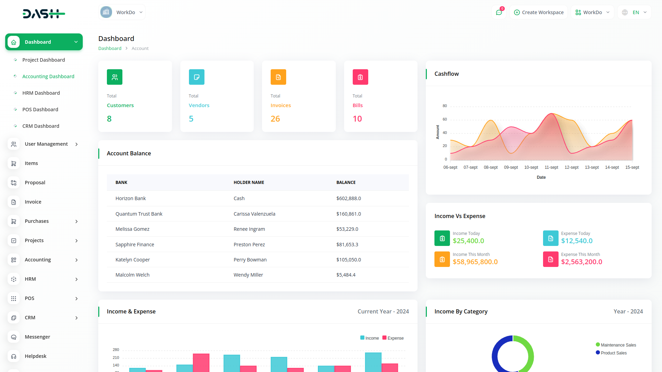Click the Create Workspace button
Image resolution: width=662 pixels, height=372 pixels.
[x=539, y=12]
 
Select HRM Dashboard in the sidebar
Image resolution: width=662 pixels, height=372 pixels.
[x=41, y=93]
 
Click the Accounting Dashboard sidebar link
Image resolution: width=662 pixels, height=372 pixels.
[x=48, y=76]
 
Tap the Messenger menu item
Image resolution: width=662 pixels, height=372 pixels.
[x=37, y=337]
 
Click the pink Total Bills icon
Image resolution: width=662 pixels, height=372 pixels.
[x=360, y=77]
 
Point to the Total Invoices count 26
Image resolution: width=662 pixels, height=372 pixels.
[x=275, y=119]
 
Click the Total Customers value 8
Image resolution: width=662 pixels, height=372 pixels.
[x=109, y=119]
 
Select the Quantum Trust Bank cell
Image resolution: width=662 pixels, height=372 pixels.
[x=139, y=214]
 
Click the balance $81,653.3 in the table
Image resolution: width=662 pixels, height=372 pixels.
[x=347, y=245]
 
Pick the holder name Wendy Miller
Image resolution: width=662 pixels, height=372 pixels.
[x=248, y=275]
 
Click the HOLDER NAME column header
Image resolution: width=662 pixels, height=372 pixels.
[x=249, y=183]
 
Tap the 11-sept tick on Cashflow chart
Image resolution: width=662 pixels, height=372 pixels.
[x=551, y=167]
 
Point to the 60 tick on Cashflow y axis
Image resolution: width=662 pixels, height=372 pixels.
[x=445, y=120]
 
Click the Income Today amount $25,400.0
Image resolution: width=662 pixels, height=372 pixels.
[x=468, y=241]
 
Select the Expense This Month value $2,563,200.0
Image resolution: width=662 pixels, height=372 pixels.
[x=581, y=262]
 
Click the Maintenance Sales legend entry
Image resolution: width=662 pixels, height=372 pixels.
[x=618, y=345]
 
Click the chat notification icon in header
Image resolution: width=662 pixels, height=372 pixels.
[x=499, y=12]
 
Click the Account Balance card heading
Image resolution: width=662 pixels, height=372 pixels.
[x=129, y=154]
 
